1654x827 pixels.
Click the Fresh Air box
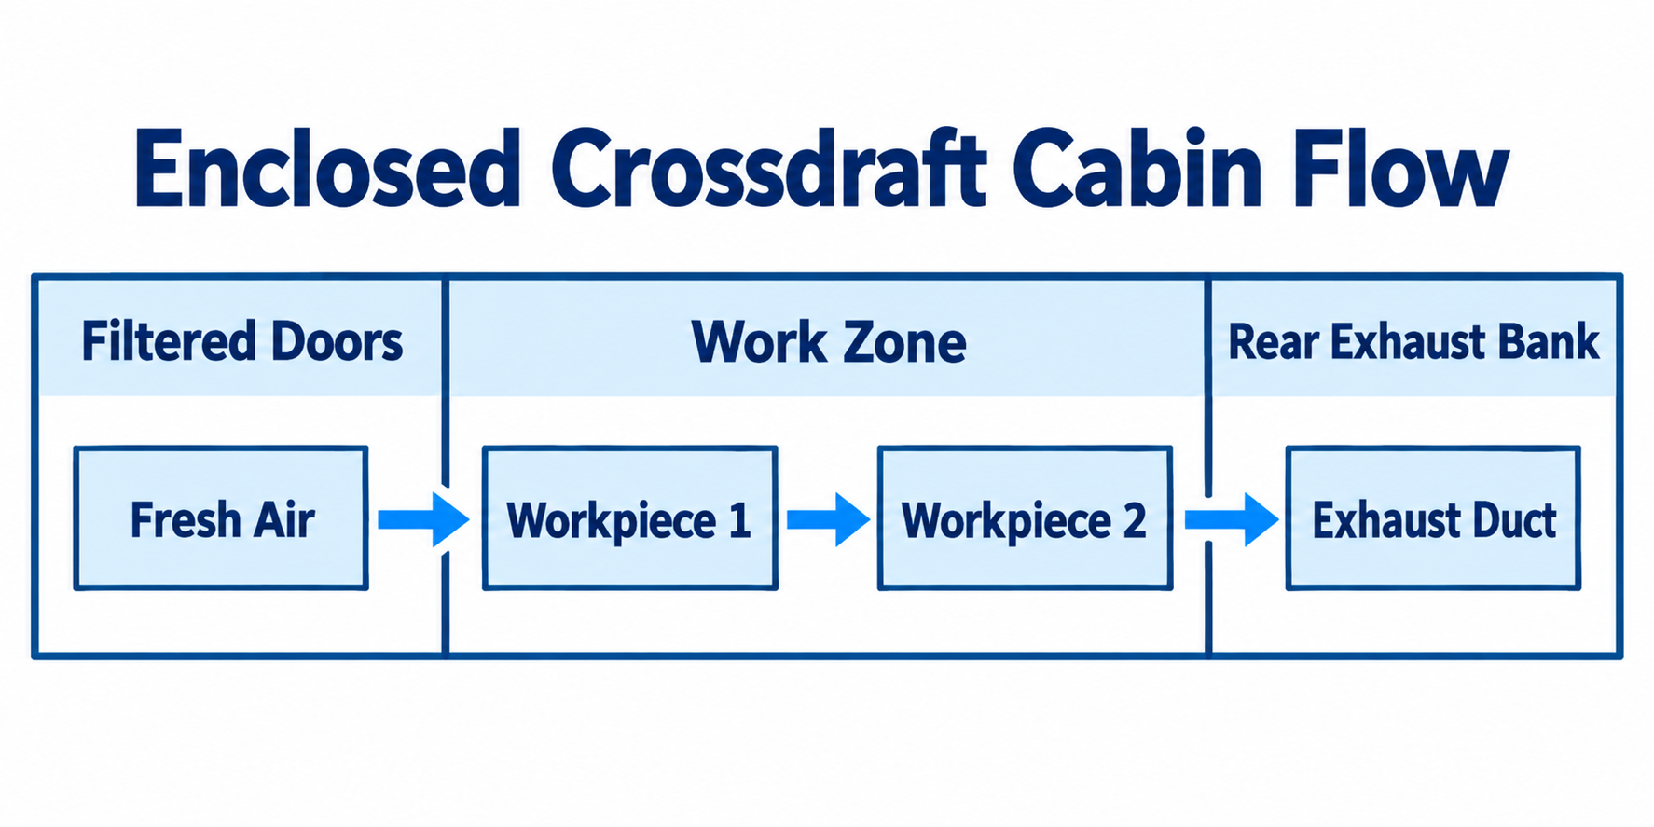pyautogui.click(x=221, y=518)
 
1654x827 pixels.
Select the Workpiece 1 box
pyautogui.click(x=630, y=518)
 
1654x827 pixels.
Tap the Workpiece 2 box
pyautogui.click(x=1025, y=518)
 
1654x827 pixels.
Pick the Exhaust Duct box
pyautogui.click(x=1433, y=518)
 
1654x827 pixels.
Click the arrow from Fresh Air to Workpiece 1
pyautogui.click(x=423, y=519)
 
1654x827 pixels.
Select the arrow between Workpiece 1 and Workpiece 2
pyautogui.click(x=828, y=519)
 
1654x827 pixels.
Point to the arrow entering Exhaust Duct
pyautogui.click(x=1232, y=519)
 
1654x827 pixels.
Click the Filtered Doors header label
pyautogui.click(x=242, y=341)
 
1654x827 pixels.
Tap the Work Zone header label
pyautogui.click(x=829, y=342)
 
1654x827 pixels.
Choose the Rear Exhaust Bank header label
pyautogui.click(x=1413, y=341)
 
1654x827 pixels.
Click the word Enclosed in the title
pyautogui.click(x=327, y=169)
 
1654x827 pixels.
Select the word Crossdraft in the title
pyautogui.click(x=768, y=169)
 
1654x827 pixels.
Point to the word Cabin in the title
pyautogui.click(x=1137, y=169)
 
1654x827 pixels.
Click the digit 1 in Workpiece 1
pyautogui.click(x=740, y=520)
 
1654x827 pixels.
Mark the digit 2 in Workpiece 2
pyautogui.click(x=1135, y=520)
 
